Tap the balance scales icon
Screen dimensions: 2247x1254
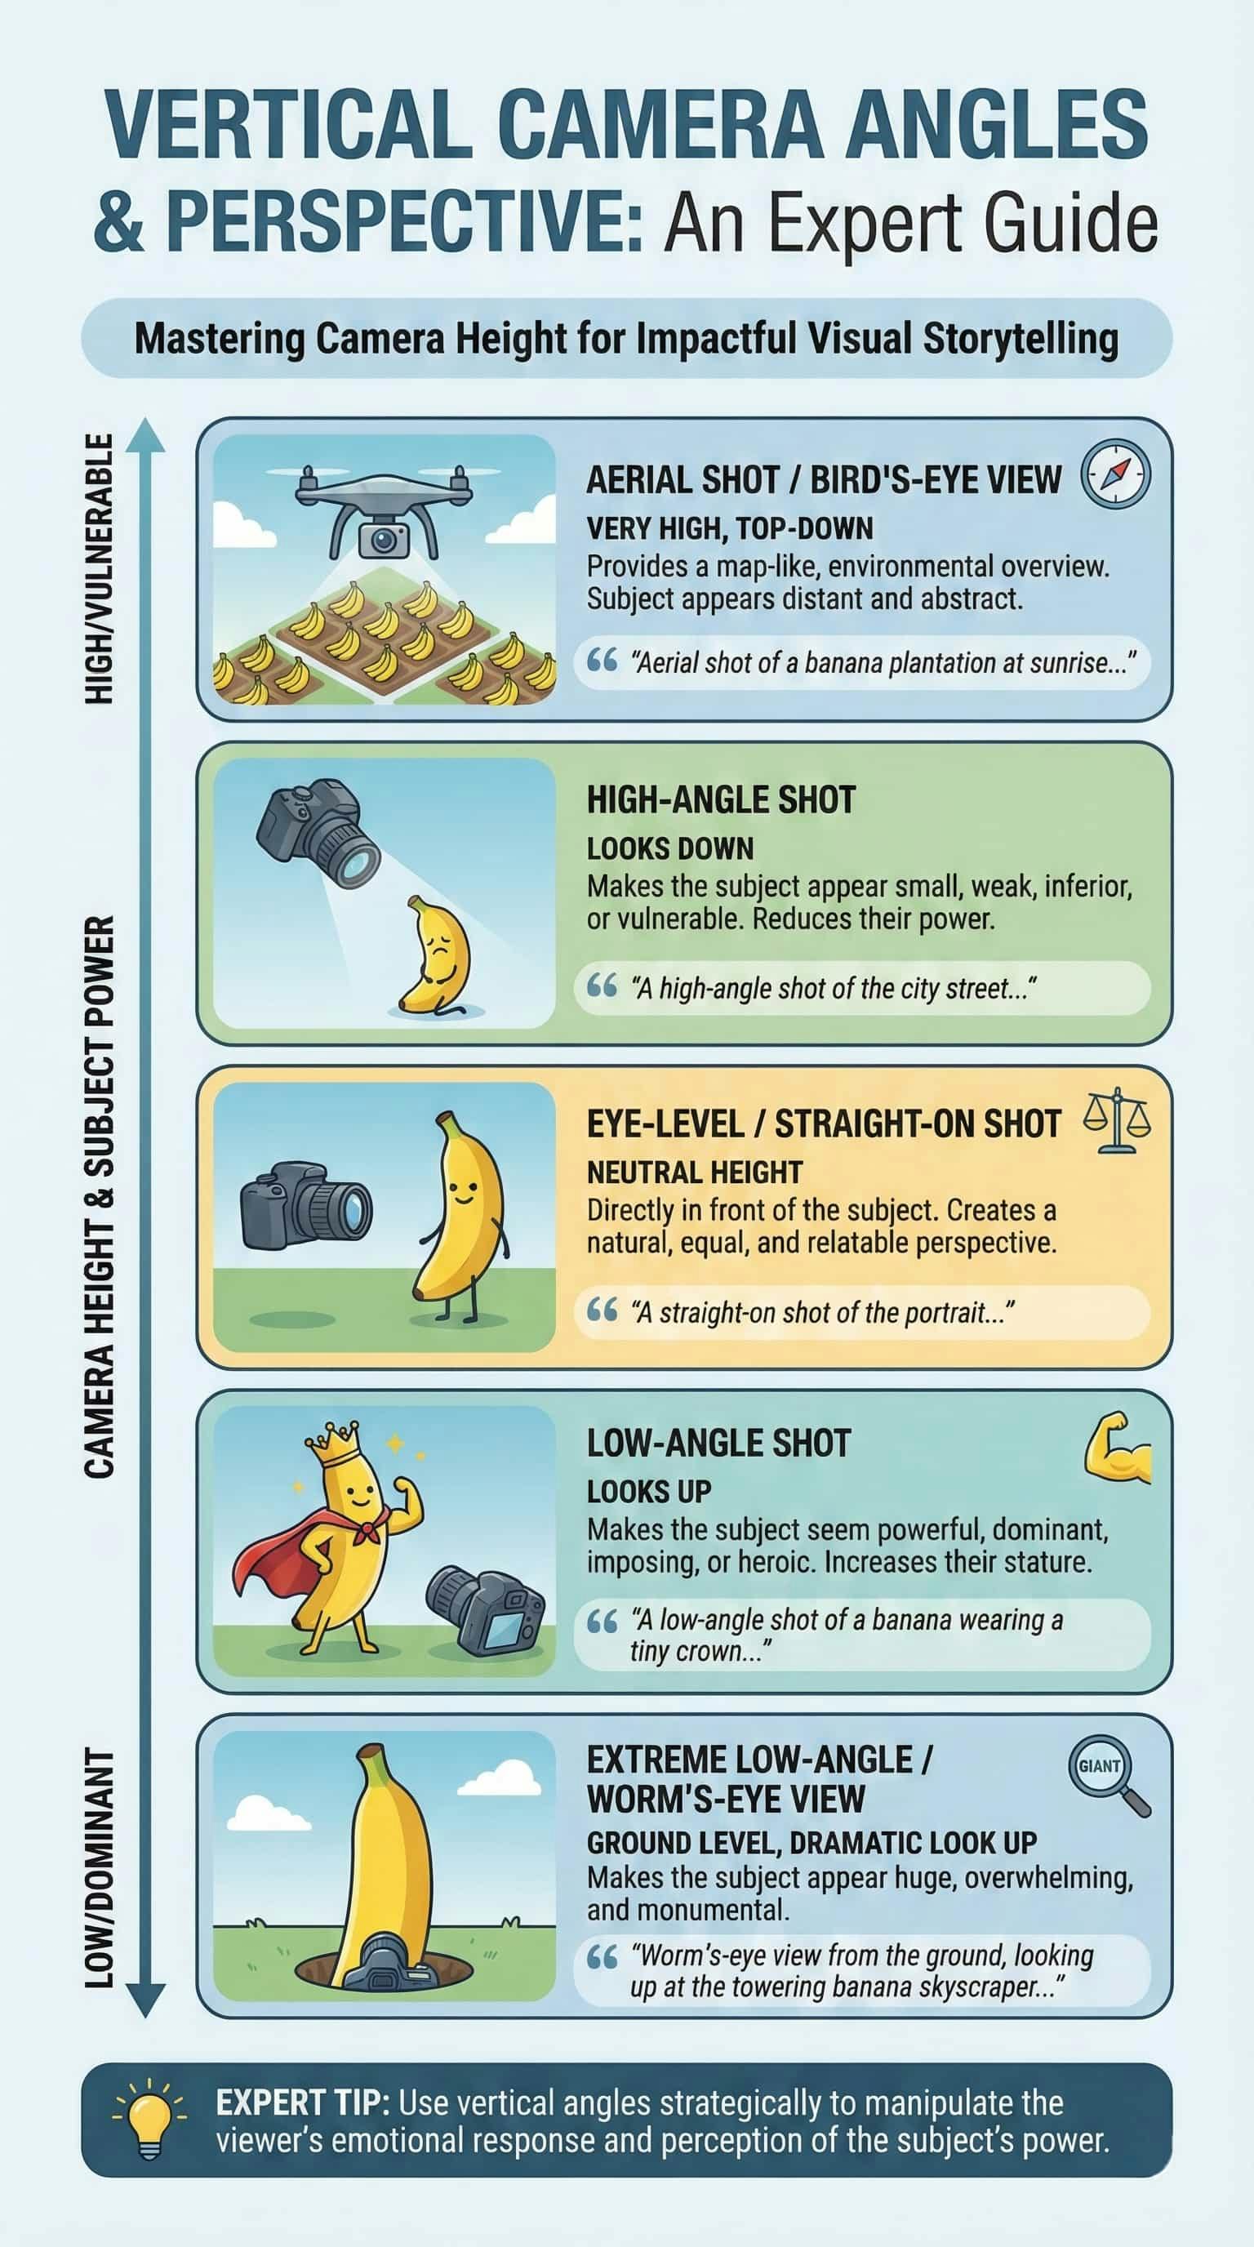point(1116,1123)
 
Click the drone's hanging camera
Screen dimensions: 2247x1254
point(383,539)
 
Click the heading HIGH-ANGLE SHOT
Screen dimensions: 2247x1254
point(720,800)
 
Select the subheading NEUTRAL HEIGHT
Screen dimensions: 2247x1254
point(694,1173)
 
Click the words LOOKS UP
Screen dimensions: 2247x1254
point(649,1492)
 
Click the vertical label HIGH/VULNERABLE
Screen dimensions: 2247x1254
point(100,569)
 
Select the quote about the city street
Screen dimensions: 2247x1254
point(834,988)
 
